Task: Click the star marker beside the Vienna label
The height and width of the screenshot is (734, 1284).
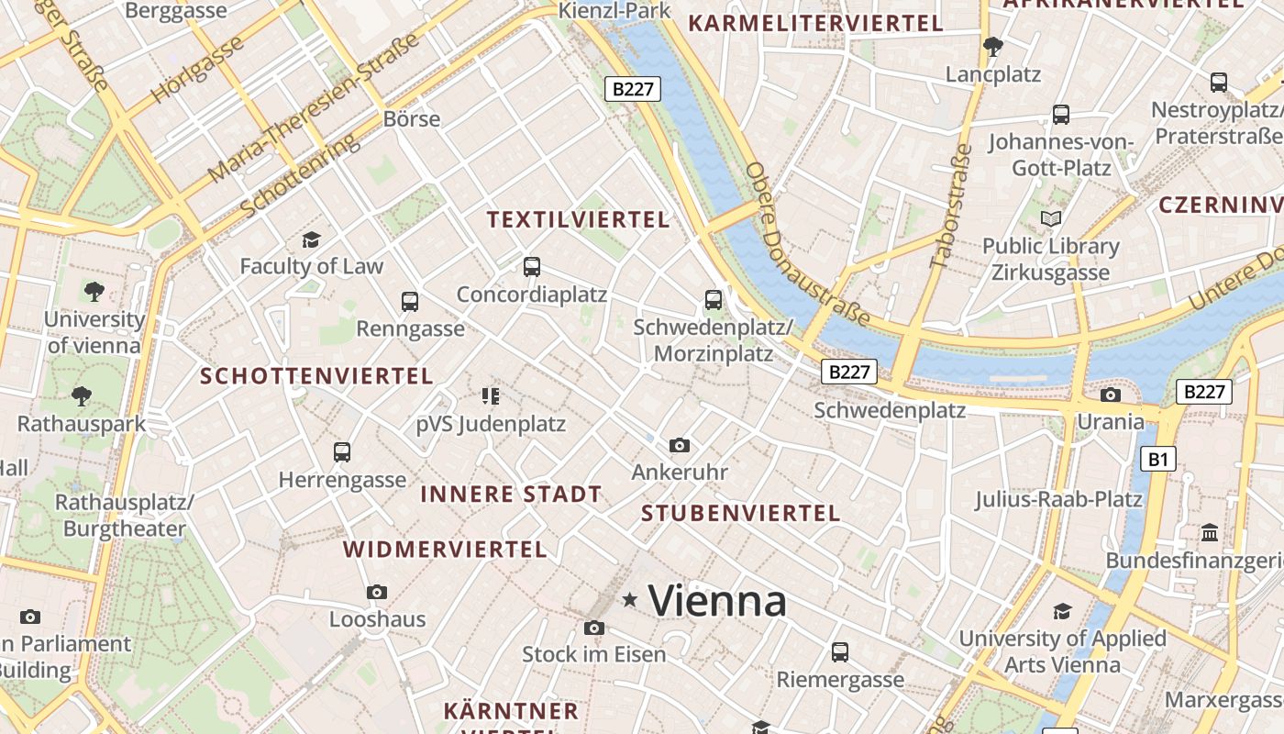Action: (x=630, y=600)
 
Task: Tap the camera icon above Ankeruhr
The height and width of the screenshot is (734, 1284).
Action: (x=680, y=446)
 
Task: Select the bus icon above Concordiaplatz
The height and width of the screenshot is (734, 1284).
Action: (x=532, y=267)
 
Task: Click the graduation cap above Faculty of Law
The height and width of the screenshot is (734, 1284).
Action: (x=311, y=240)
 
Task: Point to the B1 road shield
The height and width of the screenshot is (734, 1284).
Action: (x=1158, y=459)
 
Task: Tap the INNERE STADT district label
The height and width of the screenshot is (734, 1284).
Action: (x=511, y=495)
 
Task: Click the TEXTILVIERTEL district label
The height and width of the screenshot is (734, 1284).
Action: (x=578, y=220)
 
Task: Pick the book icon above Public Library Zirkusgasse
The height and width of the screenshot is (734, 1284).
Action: (x=1051, y=219)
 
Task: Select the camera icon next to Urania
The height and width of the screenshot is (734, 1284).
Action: (x=1111, y=395)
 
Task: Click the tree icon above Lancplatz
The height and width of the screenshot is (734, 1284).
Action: (x=992, y=46)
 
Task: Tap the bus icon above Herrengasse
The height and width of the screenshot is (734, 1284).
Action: (x=342, y=451)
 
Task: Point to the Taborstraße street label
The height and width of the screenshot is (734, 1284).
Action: (x=949, y=206)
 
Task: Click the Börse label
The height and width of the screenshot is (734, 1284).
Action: (x=412, y=119)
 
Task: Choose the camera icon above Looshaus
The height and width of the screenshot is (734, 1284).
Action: (x=377, y=593)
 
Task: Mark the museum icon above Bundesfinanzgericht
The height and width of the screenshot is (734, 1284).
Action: (x=1210, y=533)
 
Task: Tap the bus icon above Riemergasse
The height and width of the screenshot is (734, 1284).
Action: (x=840, y=652)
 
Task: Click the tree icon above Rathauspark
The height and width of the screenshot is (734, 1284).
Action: (x=82, y=396)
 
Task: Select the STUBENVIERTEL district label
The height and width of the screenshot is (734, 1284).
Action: (x=741, y=514)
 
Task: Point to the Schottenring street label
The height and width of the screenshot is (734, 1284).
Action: (x=299, y=176)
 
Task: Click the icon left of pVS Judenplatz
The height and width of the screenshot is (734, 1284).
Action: (x=491, y=396)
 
